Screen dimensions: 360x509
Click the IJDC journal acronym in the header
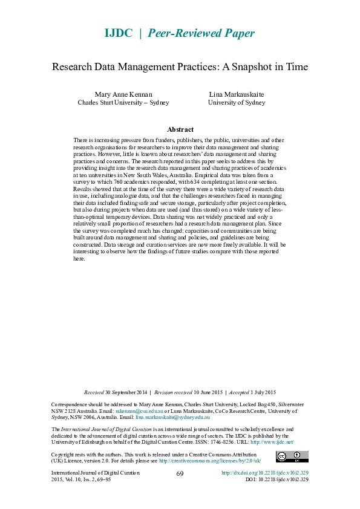118,33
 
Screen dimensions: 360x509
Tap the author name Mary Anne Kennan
123,94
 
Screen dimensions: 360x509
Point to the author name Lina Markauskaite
237,94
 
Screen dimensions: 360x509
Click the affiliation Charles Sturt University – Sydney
123,103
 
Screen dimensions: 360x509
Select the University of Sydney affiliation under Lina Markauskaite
237,103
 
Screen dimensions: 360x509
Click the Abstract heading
180,129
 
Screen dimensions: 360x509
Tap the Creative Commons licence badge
292,456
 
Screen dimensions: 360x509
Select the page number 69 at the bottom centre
180,473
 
